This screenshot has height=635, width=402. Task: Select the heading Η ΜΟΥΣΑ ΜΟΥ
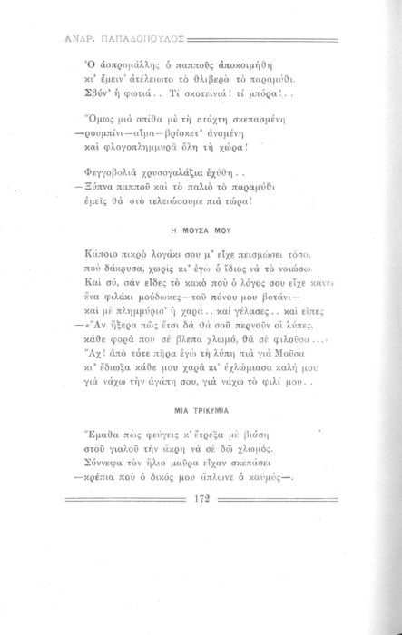click(x=201, y=230)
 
